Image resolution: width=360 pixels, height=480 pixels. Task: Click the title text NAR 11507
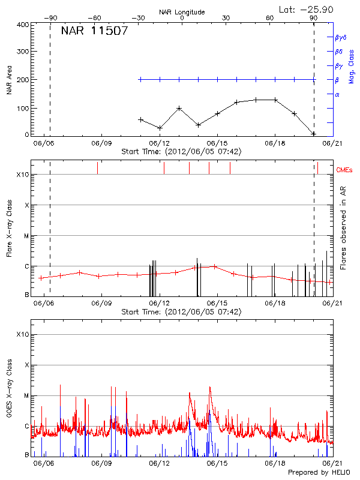click(94, 31)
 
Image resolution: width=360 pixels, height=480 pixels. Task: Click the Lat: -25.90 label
click(307, 9)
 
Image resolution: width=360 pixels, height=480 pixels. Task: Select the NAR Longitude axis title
click(182, 12)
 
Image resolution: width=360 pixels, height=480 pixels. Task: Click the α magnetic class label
click(337, 94)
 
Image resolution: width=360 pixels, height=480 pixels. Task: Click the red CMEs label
click(345, 170)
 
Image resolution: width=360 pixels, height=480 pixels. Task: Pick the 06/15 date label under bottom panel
click(217, 463)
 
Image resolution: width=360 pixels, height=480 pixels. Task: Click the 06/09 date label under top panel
click(101, 143)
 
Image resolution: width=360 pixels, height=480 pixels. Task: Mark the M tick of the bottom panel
click(27, 396)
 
